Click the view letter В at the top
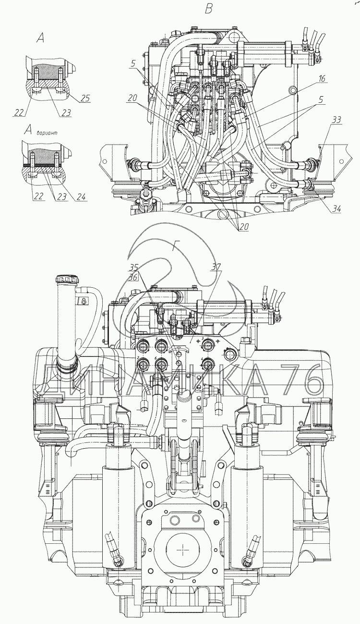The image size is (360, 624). tap(208, 9)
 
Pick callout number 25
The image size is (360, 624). tap(85, 98)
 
